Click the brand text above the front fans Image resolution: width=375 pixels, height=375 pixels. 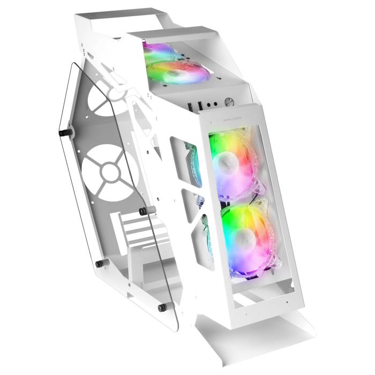point(228,121)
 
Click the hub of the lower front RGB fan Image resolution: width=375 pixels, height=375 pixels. point(244,234)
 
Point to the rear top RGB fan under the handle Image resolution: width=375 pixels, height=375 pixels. point(160,52)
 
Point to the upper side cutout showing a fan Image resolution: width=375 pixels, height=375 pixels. point(189,161)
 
